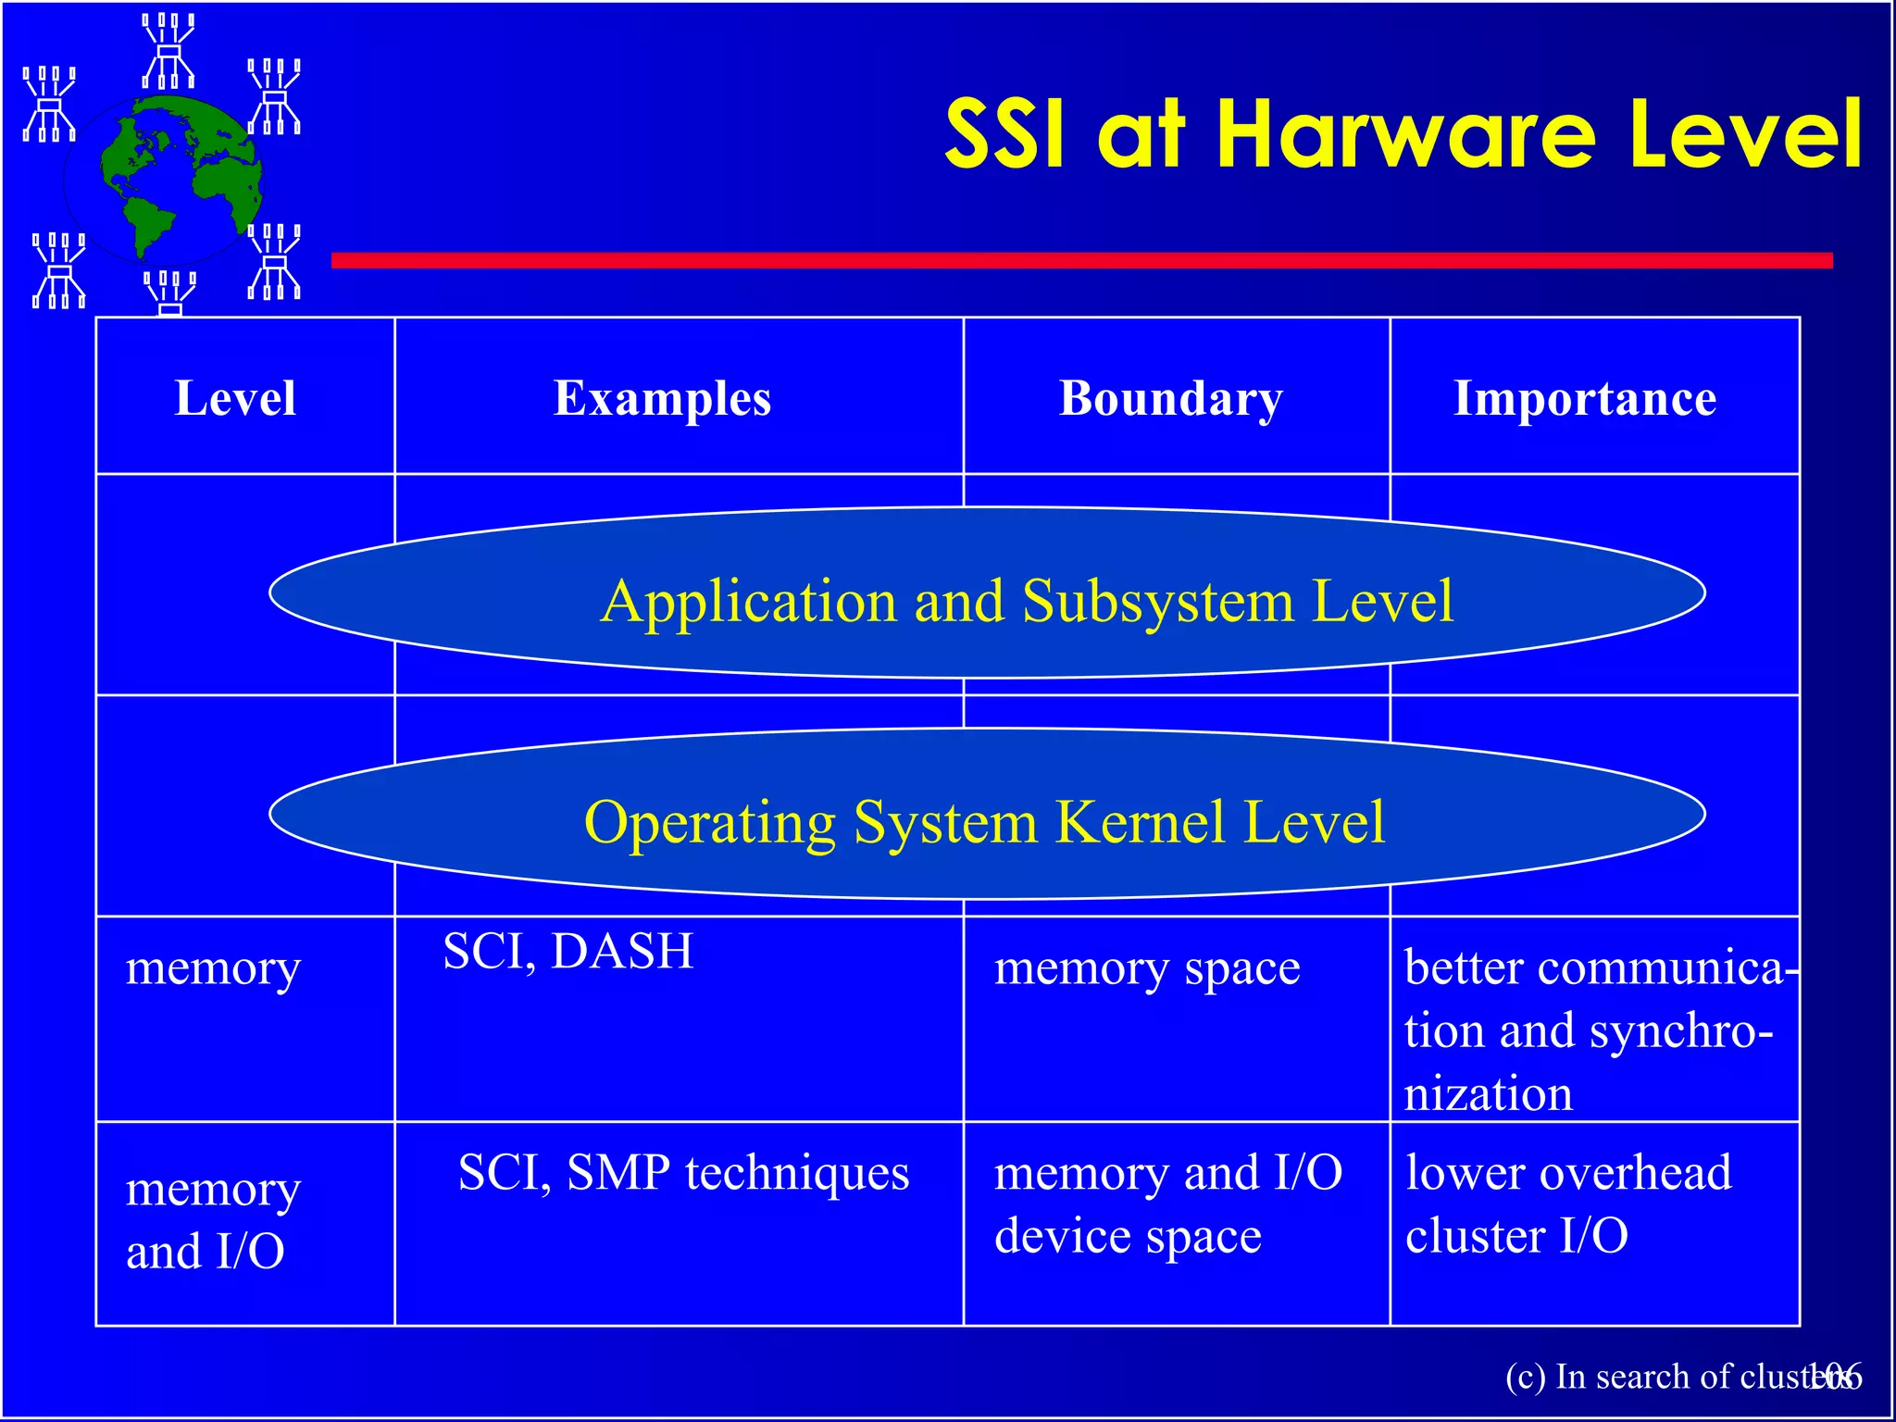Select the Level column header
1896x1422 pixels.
click(x=235, y=399)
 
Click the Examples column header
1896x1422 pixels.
click(x=662, y=399)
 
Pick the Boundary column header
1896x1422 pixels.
click(x=1171, y=399)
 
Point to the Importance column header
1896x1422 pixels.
click(x=1585, y=399)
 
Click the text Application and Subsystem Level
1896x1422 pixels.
click(x=1027, y=601)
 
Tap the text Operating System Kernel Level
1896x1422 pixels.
click(x=984, y=821)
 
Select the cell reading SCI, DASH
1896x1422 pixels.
click(x=568, y=951)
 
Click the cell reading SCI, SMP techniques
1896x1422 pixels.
click(x=683, y=1172)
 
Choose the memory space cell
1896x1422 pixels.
click(x=1147, y=968)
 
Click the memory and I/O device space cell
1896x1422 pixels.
click(x=1167, y=1204)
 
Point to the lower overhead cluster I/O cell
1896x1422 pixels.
click(x=1567, y=1204)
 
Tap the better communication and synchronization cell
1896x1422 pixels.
click(x=1594, y=1029)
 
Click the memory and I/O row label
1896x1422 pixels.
click(x=213, y=1219)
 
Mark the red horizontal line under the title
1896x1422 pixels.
click(x=1081, y=260)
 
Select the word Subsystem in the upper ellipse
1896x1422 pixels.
click(x=1158, y=601)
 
